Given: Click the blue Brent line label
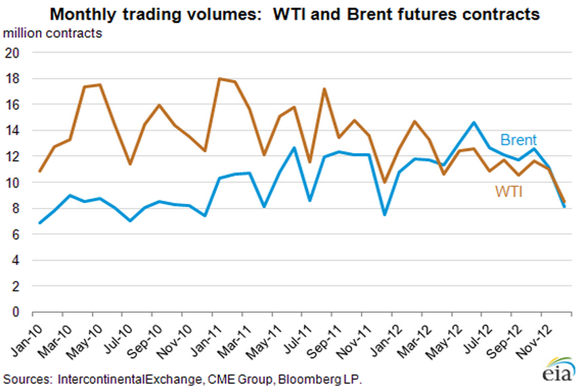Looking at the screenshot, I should [x=518, y=141].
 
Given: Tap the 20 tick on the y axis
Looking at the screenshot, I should [x=14, y=53].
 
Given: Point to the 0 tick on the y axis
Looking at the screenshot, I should [x=18, y=312].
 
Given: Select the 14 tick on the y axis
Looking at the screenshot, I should [x=14, y=131].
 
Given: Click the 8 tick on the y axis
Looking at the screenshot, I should [x=18, y=209].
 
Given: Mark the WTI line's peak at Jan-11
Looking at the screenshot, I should [x=219, y=79].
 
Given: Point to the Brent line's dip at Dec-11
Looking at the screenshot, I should [x=385, y=215].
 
